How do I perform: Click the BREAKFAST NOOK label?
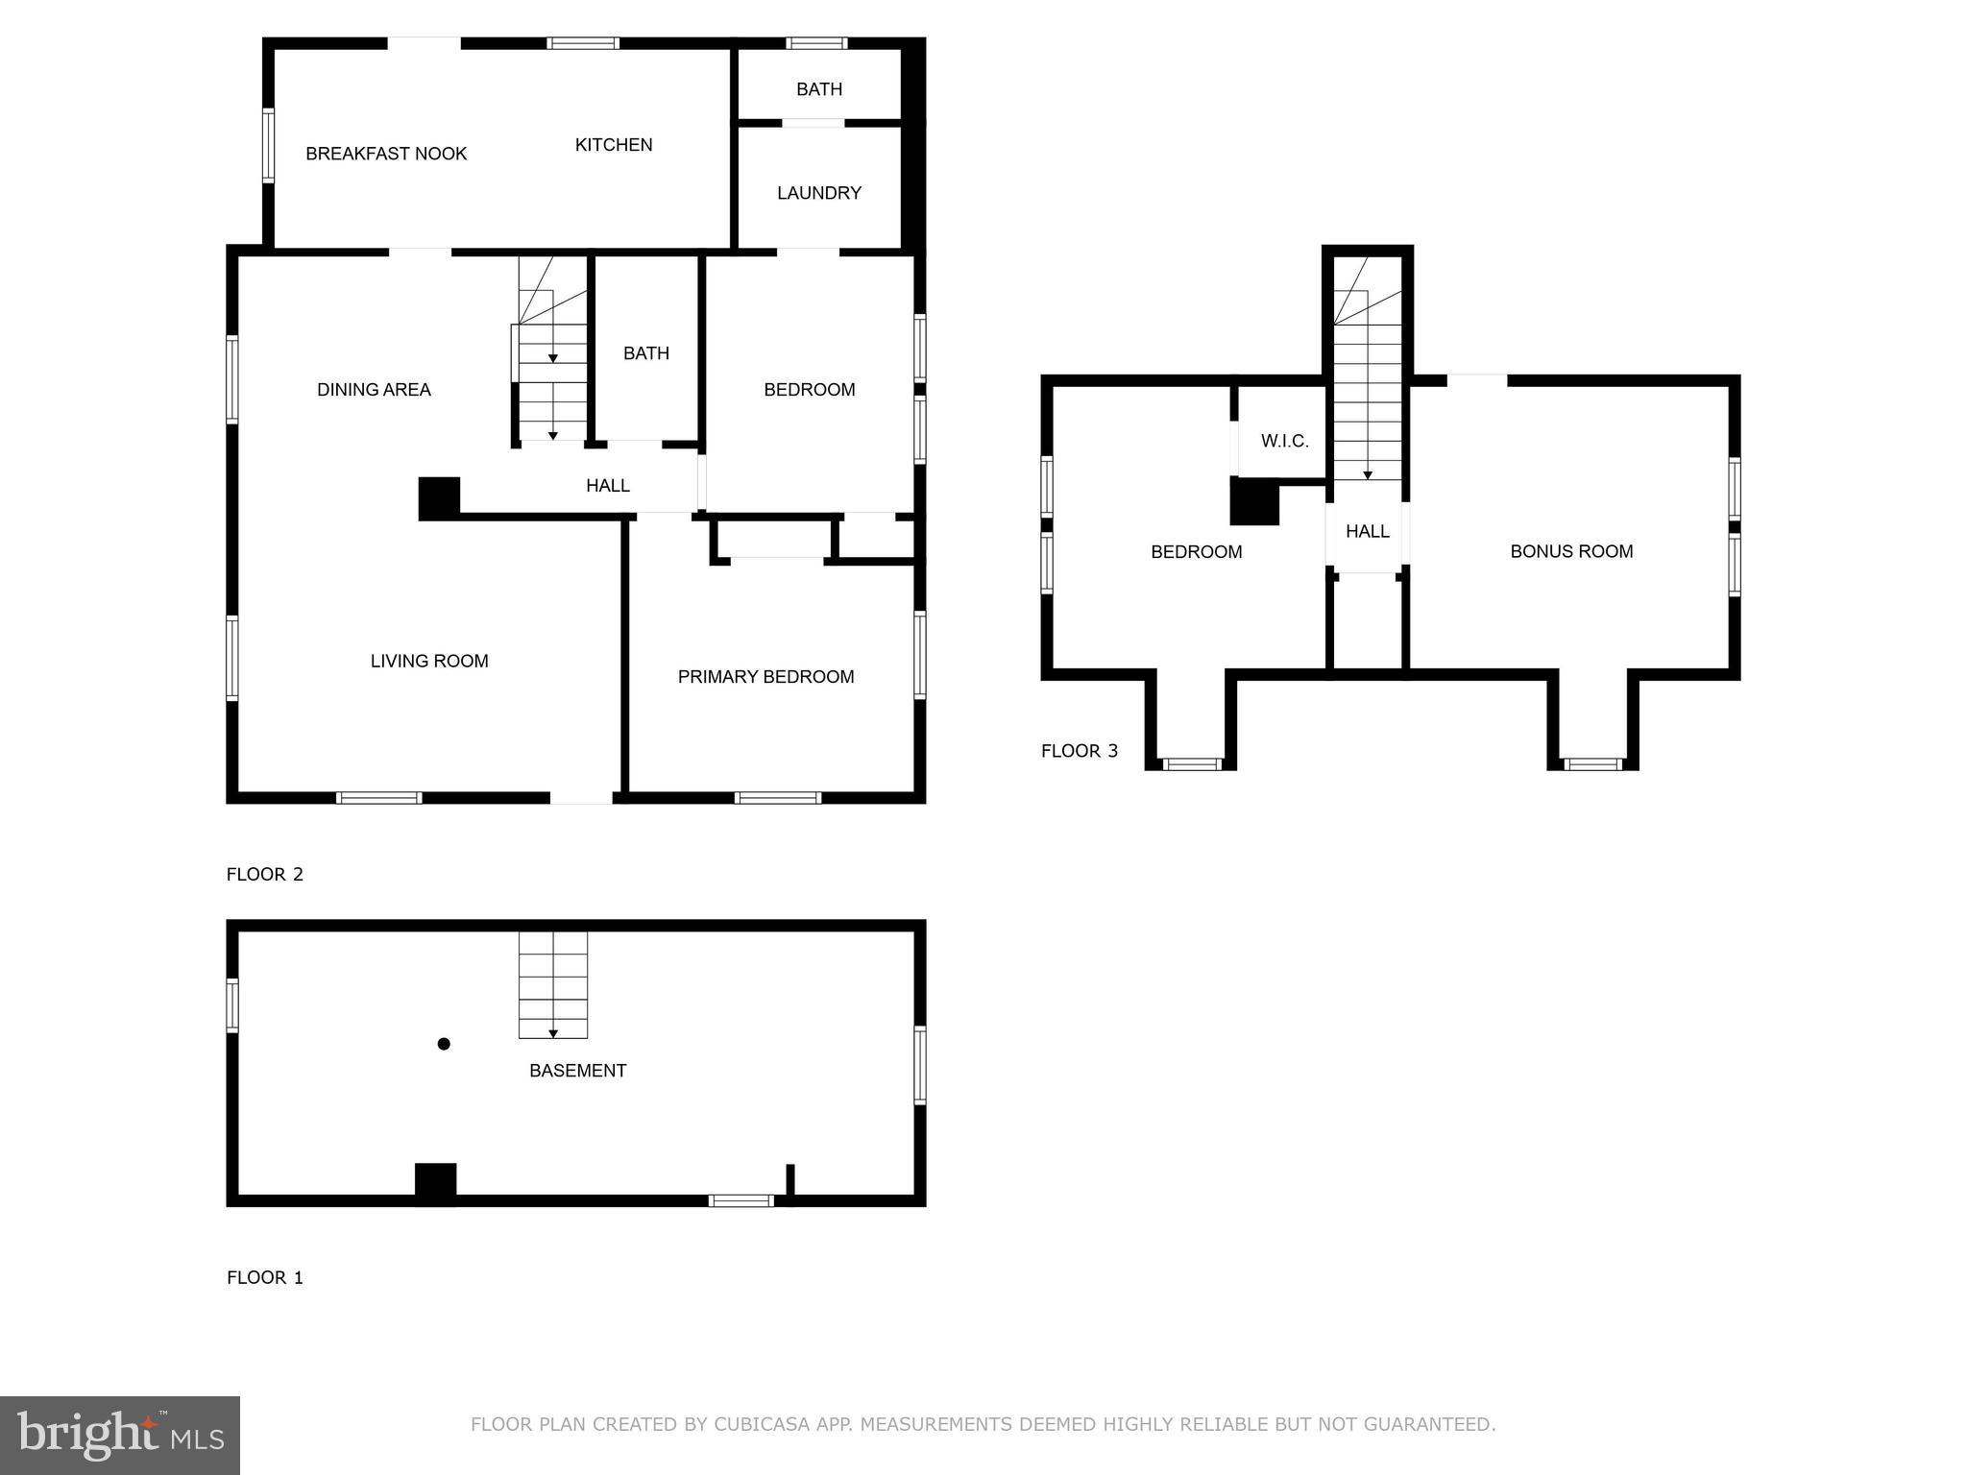pyautogui.click(x=386, y=154)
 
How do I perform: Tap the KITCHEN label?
pyautogui.click(x=614, y=145)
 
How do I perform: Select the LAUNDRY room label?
pyautogui.click(x=818, y=193)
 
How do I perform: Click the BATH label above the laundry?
pyautogui.click(x=818, y=89)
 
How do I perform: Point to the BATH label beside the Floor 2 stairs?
pyautogui.click(x=645, y=353)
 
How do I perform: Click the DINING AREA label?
pyautogui.click(x=374, y=390)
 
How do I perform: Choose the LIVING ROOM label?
pyautogui.click(x=429, y=661)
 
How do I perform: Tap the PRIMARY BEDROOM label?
pyautogui.click(x=765, y=677)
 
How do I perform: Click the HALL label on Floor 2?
pyautogui.click(x=608, y=486)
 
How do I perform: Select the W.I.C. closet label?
pyautogui.click(x=1284, y=442)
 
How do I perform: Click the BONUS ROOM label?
pyautogui.click(x=1571, y=551)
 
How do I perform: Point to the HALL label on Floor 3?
pyautogui.click(x=1367, y=531)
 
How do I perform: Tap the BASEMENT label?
pyautogui.click(x=577, y=1071)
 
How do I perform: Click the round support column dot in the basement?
pyautogui.click(x=444, y=1044)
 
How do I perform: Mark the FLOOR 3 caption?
pyautogui.click(x=1080, y=751)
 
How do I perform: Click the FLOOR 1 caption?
pyautogui.click(x=265, y=1277)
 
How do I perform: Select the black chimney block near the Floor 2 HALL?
pyautogui.click(x=439, y=498)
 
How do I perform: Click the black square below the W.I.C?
pyautogui.click(x=1254, y=503)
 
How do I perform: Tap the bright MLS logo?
pyautogui.click(x=120, y=1435)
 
